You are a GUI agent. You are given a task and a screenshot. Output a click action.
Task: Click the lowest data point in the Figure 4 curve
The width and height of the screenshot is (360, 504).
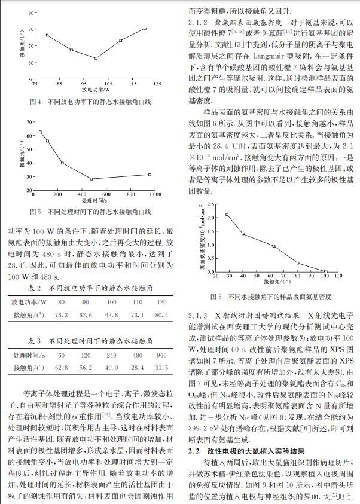[x=96, y=58]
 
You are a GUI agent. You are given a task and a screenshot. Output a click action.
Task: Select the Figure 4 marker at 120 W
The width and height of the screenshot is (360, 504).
[x=145, y=29]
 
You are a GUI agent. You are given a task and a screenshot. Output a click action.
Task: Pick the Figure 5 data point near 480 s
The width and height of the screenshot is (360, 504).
[x=91, y=178]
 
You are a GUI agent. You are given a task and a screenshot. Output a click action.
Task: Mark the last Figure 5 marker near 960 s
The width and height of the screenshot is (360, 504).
[x=150, y=175]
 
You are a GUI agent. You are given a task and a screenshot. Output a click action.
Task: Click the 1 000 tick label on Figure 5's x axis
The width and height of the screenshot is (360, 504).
[x=154, y=194]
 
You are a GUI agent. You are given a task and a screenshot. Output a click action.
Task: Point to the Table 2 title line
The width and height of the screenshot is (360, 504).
[x=91, y=288]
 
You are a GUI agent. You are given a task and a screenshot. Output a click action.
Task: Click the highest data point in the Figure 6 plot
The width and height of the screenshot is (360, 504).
[x=227, y=215]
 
